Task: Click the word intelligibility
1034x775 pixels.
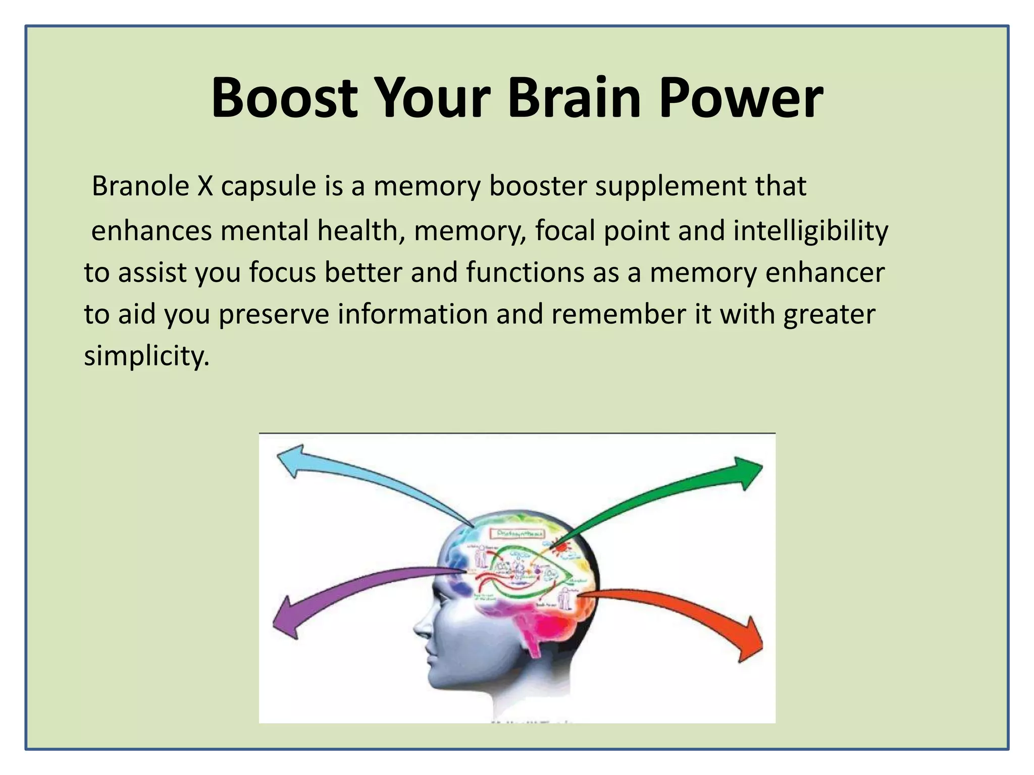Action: click(810, 231)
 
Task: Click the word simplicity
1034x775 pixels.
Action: click(146, 356)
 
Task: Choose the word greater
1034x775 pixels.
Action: click(829, 315)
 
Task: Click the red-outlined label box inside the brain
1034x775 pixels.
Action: click(518, 533)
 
